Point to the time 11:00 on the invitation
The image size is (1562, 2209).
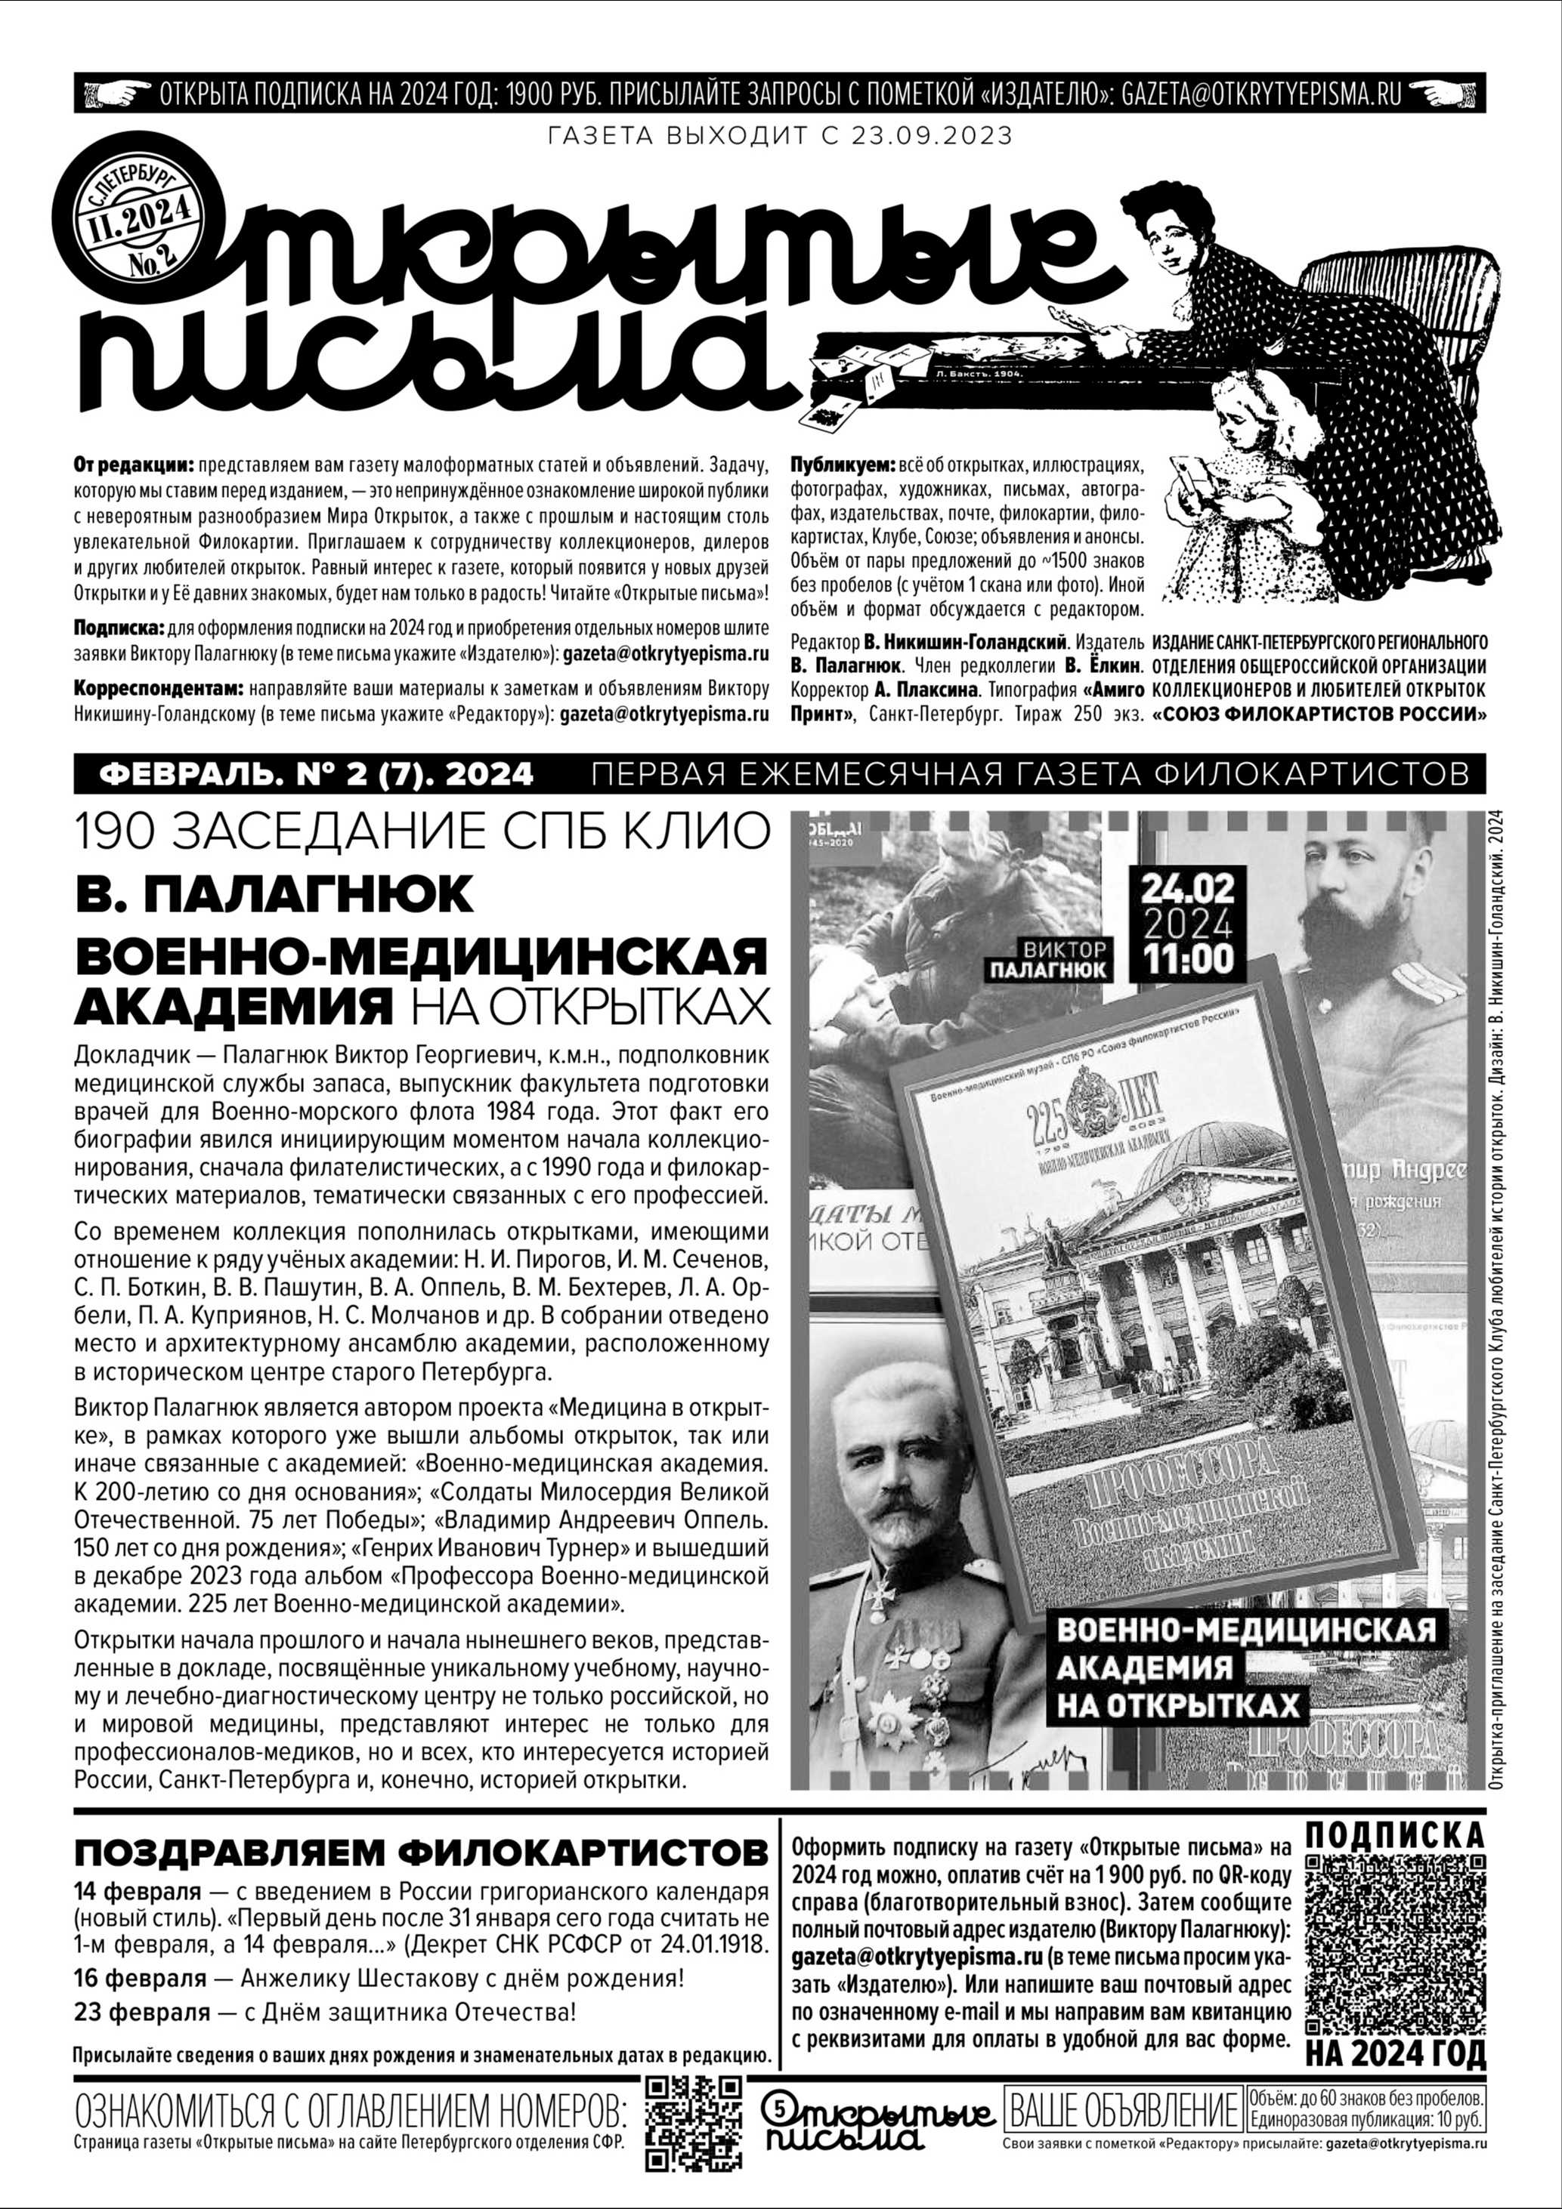pos(1186,958)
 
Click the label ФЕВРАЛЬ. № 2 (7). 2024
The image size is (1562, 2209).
pos(317,773)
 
